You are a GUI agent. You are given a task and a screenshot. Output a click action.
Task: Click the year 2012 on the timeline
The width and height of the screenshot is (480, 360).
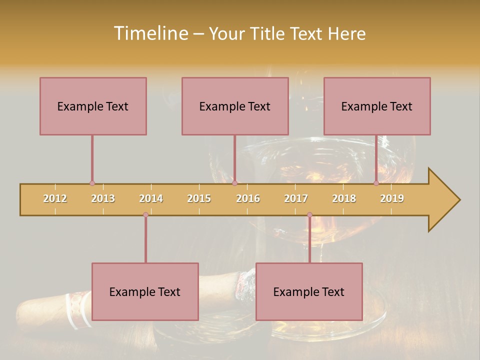point(55,198)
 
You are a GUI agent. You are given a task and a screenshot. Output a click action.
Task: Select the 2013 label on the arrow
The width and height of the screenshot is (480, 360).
point(103,198)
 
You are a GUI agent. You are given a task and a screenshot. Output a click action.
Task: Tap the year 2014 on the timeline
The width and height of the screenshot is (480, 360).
point(151,198)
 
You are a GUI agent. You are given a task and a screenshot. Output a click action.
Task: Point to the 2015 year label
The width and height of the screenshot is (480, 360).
point(199,198)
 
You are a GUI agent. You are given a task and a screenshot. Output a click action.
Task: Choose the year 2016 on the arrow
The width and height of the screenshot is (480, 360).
point(248,198)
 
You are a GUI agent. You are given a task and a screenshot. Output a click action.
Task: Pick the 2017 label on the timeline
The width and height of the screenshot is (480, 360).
point(296,198)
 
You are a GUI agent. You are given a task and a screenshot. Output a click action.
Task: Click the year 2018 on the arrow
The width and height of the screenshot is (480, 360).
point(344,198)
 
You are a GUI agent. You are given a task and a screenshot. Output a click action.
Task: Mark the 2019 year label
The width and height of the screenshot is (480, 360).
point(392,198)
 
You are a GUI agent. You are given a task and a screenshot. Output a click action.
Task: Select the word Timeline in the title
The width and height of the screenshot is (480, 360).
point(150,33)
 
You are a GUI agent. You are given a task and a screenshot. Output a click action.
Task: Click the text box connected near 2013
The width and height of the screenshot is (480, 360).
point(93,106)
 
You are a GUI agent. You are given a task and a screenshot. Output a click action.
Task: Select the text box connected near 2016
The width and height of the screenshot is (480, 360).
point(235,106)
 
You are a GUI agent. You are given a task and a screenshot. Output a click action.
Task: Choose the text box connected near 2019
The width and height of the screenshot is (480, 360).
point(377,106)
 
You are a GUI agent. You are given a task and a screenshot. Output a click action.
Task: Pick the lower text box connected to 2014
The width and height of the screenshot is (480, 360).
point(145,291)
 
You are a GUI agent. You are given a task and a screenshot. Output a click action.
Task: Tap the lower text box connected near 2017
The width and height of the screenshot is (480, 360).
point(309,291)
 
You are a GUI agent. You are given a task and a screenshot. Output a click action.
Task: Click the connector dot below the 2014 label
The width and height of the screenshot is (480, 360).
point(145,215)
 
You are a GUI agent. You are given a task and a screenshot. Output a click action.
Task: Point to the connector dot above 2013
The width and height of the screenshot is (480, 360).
point(92,183)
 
